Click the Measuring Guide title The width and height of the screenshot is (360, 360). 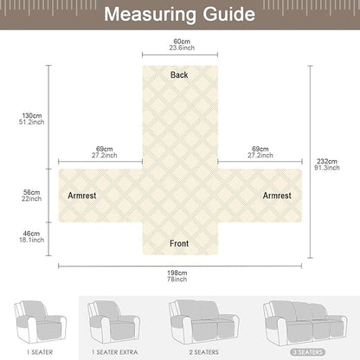coord(179,15)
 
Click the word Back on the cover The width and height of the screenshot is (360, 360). coord(179,75)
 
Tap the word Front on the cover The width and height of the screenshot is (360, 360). coord(179,243)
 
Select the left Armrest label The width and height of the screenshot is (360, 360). coord(82,196)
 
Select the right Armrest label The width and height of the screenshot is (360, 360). coord(277,196)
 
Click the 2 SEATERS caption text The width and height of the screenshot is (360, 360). coord(204,351)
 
